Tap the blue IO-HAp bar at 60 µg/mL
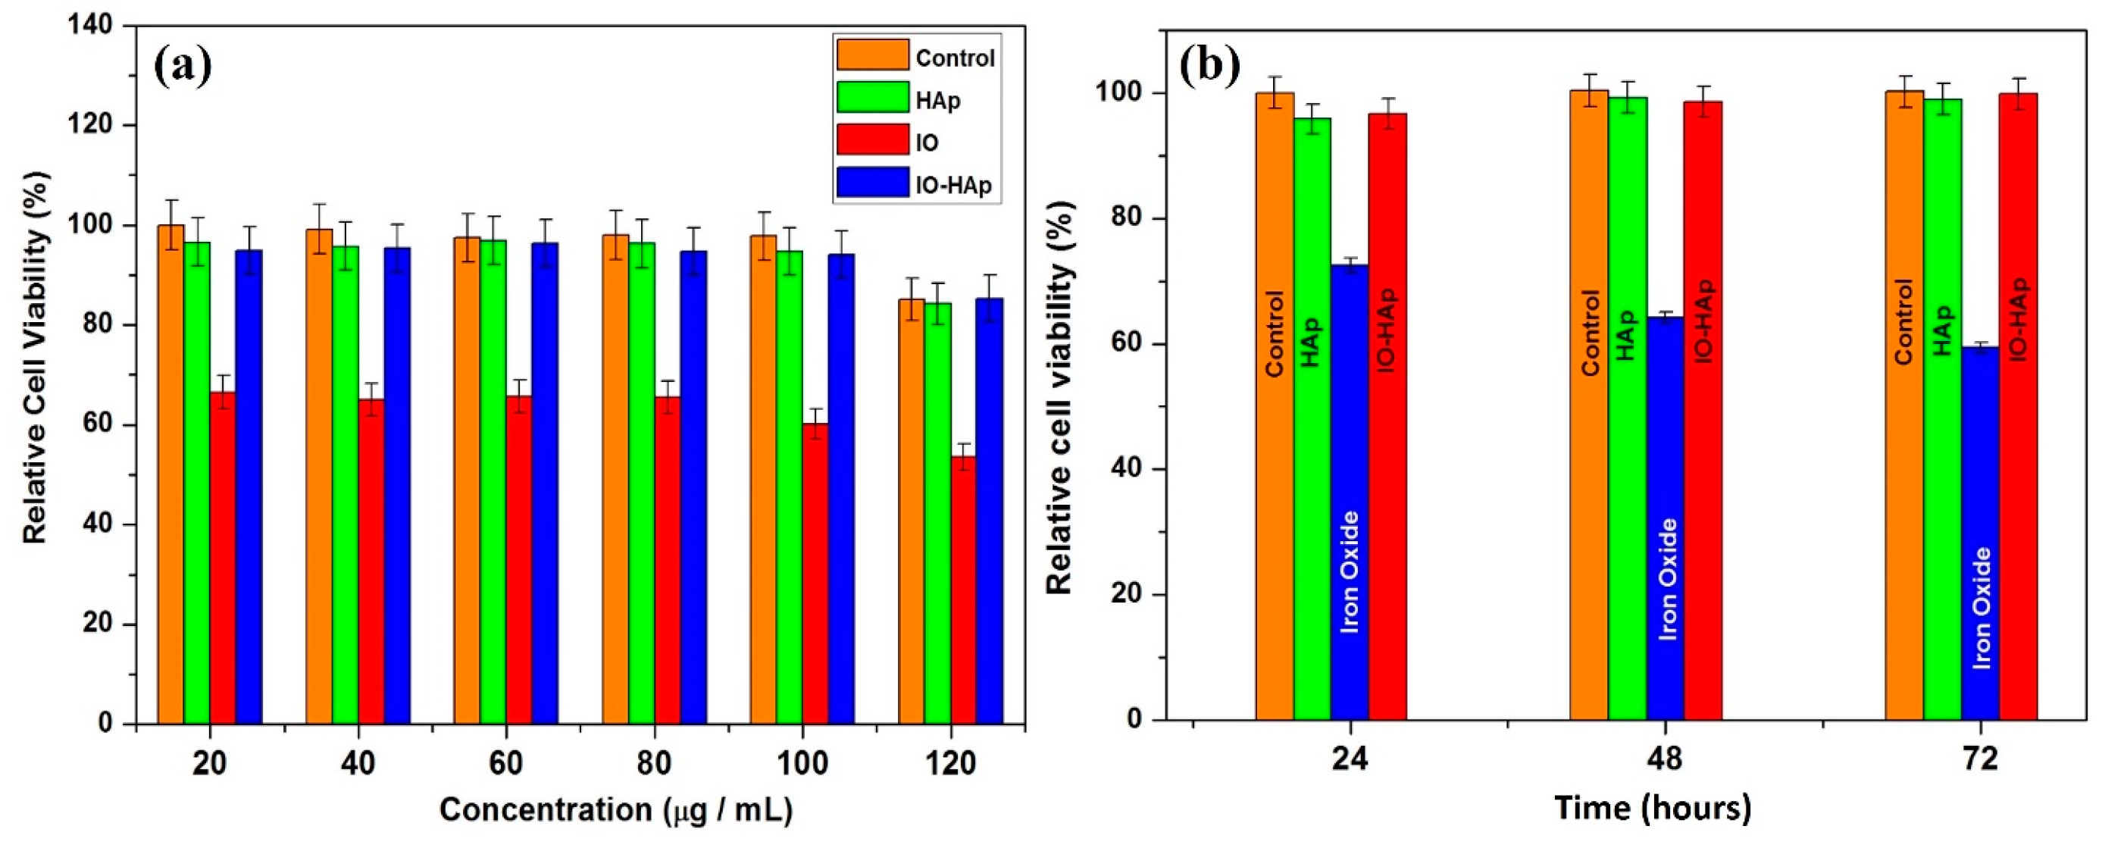click(545, 482)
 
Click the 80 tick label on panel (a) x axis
click(655, 764)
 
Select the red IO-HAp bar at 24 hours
click(1387, 416)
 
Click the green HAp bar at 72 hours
click(1942, 408)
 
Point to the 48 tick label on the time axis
click(1665, 759)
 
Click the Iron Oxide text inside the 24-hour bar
click(1350, 571)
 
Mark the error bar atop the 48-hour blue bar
click(1665, 315)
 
